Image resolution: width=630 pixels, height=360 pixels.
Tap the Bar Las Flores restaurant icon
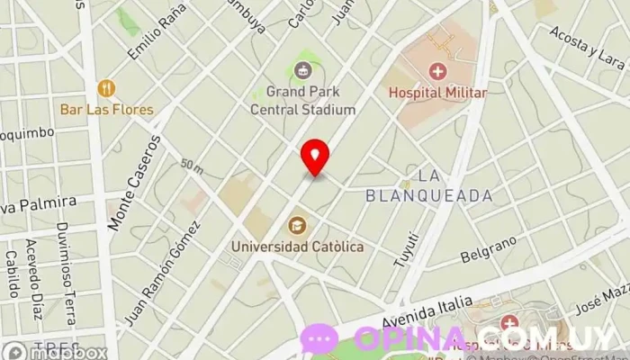[107, 88]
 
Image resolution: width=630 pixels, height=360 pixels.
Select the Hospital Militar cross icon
[437, 70]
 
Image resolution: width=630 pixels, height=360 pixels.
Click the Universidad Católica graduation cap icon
[296, 224]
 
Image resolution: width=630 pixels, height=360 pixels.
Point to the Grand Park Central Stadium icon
[303, 69]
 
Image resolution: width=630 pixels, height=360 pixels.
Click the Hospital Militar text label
[437, 93]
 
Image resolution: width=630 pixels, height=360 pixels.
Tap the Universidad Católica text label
[297, 245]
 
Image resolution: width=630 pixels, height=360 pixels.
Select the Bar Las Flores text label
[107, 110]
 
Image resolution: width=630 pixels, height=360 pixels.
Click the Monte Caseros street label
[134, 185]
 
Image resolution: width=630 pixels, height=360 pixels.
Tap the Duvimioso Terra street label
[64, 262]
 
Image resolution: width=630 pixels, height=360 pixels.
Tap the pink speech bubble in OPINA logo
[320, 339]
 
